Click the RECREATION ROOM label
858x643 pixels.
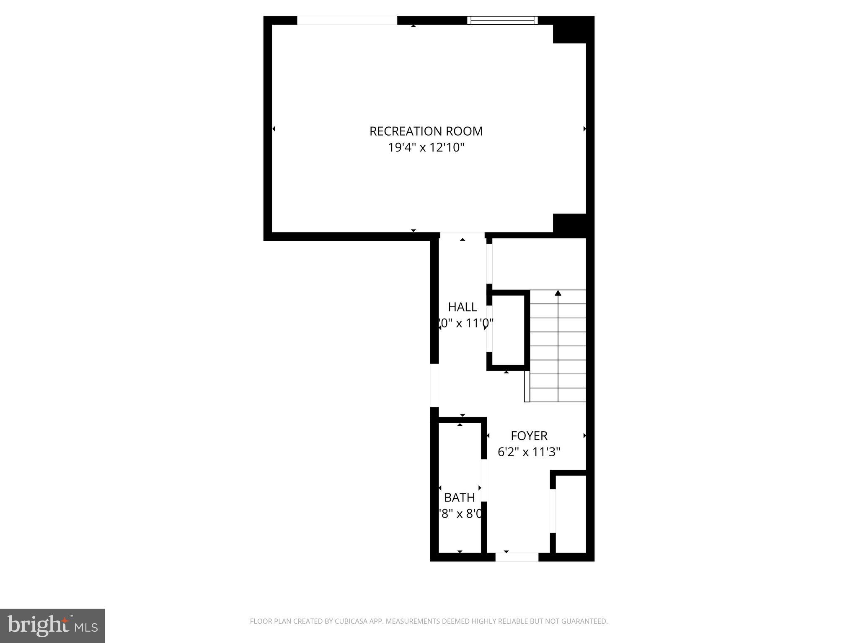(x=426, y=131)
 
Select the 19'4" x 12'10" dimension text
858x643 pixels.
(x=426, y=148)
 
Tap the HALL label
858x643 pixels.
(x=463, y=307)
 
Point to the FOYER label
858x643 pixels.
(x=529, y=436)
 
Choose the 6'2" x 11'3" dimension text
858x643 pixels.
(x=529, y=452)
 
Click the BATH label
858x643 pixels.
(x=460, y=497)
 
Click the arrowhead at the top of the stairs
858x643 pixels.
(x=558, y=293)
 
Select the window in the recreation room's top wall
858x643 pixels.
(x=502, y=20)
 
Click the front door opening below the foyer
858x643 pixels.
(x=517, y=557)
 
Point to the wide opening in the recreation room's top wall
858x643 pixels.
(x=347, y=20)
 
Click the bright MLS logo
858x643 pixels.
(x=52, y=625)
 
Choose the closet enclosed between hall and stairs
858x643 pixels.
(x=508, y=330)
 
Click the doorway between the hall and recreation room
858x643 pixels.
(x=463, y=236)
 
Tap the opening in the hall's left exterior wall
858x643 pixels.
(x=434, y=385)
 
